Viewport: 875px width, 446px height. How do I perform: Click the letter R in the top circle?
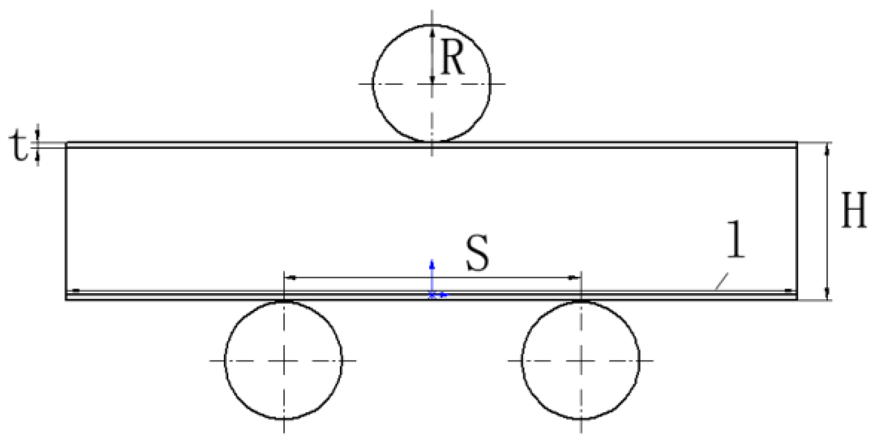pyautogui.click(x=452, y=58)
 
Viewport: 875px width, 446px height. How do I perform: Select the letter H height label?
pyautogui.click(x=854, y=210)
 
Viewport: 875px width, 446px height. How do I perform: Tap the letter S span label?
pyautogui.click(x=477, y=254)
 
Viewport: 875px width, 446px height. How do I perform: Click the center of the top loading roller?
pyautogui.click(x=432, y=83)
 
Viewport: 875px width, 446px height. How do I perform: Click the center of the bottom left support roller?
pyautogui.click(x=284, y=360)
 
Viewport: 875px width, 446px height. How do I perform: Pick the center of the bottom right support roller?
pyautogui.click(x=581, y=360)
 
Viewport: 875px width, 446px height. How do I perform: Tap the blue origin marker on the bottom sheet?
pyautogui.click(x=433, y=295)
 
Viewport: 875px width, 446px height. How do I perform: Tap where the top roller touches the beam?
pyautogui.click(x=432, y=141)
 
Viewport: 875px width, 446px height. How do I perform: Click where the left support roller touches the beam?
pyautogui.click(x=284, y=301)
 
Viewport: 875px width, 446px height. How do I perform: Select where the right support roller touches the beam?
pyautogui.click(x=581, y=301)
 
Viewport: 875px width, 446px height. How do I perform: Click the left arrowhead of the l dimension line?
pyautogui.click(x=74, y=291)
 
